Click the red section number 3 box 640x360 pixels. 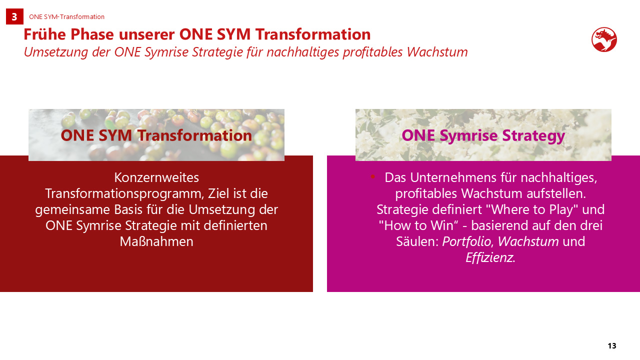pos(14,16)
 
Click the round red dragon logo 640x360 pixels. pos(604,39)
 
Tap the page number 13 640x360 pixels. pos(612,346)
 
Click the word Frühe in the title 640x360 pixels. pos(45,34)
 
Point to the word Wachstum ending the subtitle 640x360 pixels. pos(437,52)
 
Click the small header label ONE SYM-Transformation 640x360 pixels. pos(66,17)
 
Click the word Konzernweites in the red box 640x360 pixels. pos(156,177)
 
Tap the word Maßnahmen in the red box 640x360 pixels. pos(156,241)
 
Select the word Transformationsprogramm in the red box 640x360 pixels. pos(124,193)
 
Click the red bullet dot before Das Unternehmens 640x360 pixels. pos(372,176)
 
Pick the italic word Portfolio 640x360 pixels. pos(467,241)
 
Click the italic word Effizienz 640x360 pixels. pos(489,257)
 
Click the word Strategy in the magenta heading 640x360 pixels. pos(533,135)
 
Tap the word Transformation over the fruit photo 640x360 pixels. pos(194,135)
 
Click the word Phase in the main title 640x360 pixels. pos(92,34)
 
